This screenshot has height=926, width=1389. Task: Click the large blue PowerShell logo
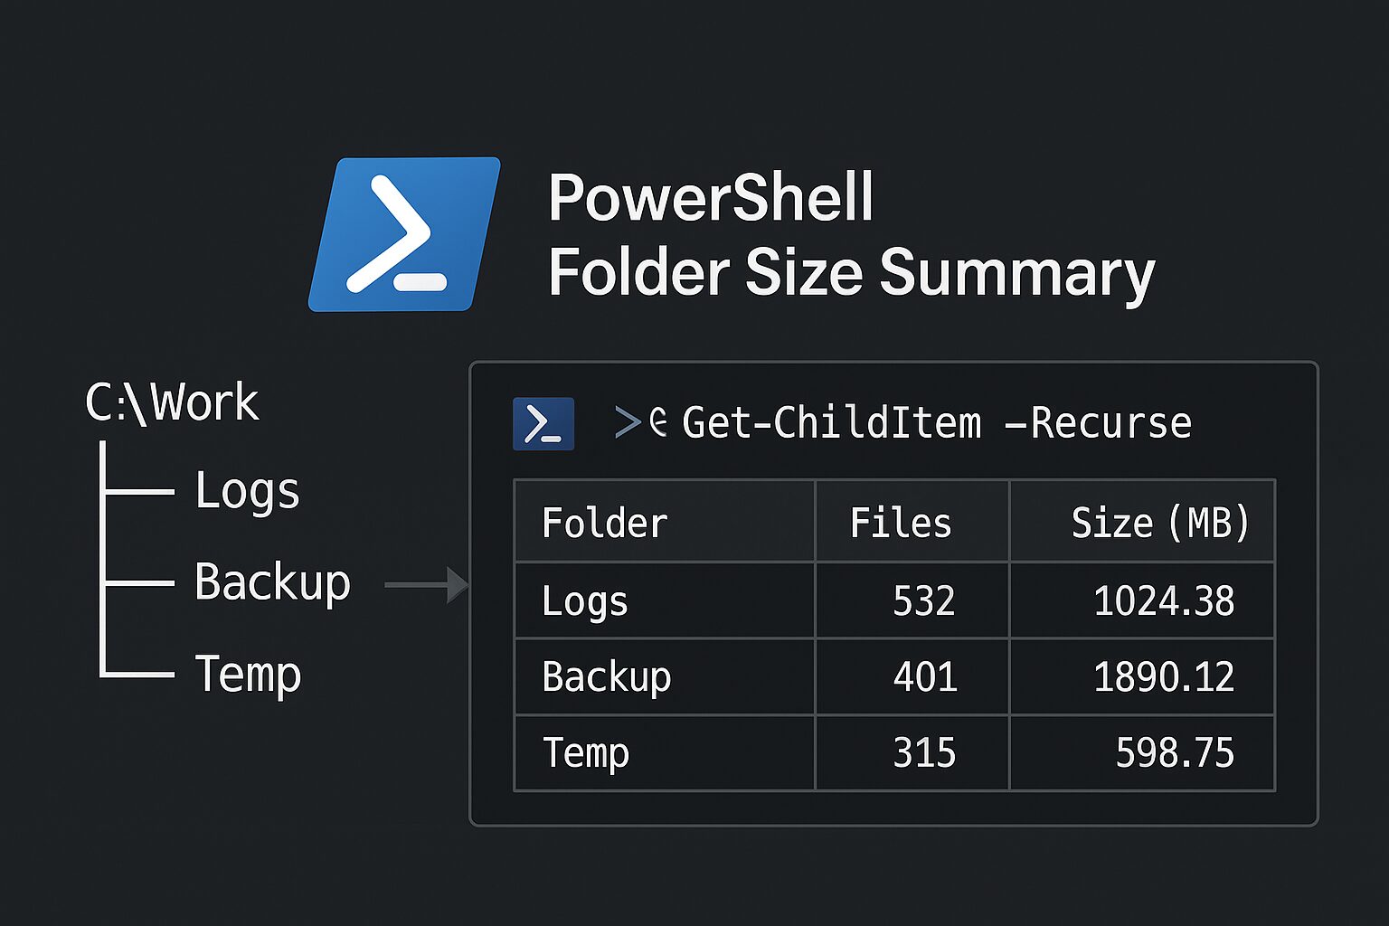pos(404,234)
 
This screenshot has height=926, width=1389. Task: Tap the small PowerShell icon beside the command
pos(543,423)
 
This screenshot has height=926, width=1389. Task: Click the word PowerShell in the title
pos(711,198)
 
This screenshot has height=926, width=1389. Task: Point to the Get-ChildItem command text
pos(831,423)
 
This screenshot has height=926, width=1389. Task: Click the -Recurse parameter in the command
pos(1099,423)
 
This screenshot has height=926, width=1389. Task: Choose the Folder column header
pos(604,523)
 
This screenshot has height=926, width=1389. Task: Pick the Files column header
pos(901,523)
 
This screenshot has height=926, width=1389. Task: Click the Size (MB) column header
pos(1159,523)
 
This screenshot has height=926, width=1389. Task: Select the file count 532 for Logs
pos(923,600)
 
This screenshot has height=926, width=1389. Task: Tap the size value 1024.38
pos(1163,600)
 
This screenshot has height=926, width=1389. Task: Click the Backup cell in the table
pos(606,676)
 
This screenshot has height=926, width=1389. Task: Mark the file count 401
pos(924,676)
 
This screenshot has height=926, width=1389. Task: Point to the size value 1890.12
pos(1163,676)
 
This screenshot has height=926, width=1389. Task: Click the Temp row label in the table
pos(585,752)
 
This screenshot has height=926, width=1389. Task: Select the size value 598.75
pos(1174,752)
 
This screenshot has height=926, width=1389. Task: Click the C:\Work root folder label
pos(172,402)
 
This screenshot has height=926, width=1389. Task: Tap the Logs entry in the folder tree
pos(247,491)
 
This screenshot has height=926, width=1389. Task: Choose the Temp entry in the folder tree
pos(248,674)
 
